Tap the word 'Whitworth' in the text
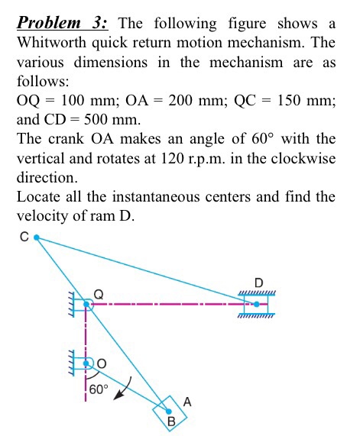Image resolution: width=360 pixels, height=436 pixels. coord(53,43)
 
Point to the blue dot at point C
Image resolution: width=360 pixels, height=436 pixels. coord(36,238)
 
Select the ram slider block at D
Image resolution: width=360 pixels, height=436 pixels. coord(257,304)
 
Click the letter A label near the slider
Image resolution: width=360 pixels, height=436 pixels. coord(186,400)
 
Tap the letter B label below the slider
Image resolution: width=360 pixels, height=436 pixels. coord(171,421)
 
